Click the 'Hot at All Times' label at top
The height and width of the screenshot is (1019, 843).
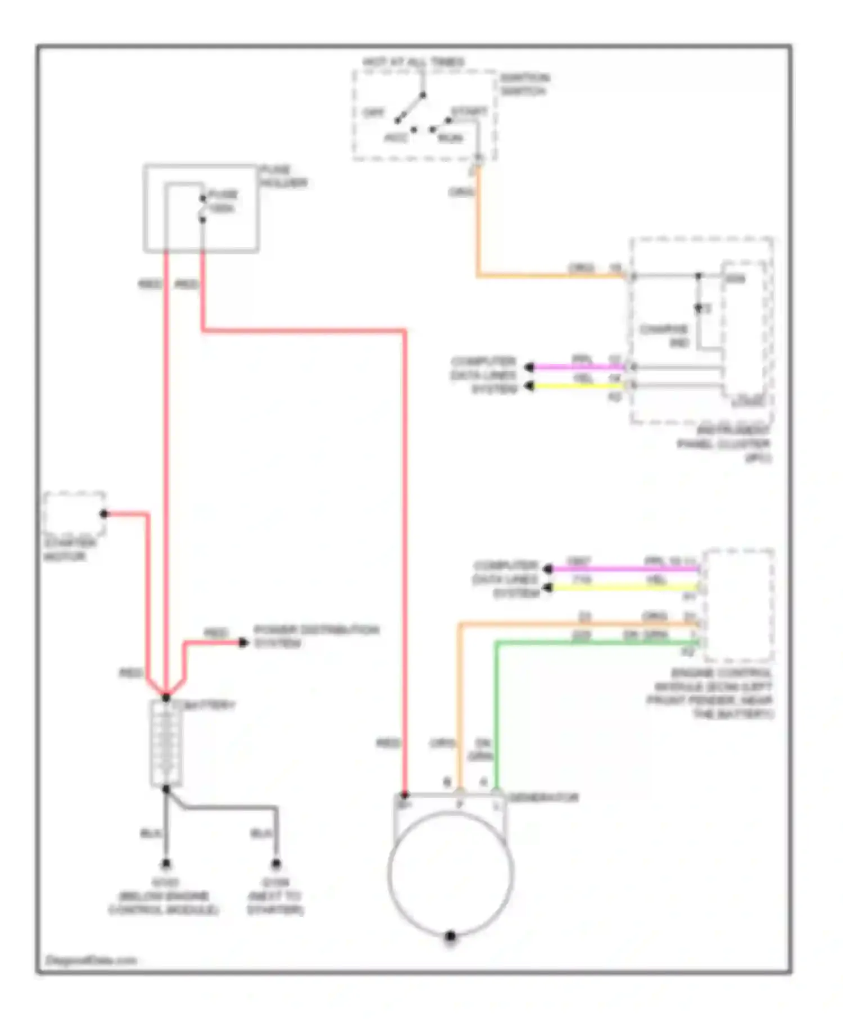tap(413, 62)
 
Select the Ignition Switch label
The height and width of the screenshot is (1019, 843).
tap(524, 84)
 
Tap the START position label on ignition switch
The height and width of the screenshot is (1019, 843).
tap(469, 112)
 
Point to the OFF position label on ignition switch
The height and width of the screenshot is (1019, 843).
tap(373, 113)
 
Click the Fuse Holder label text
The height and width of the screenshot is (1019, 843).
tap(283, 176)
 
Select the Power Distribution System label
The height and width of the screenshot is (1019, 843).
tap(316, 636)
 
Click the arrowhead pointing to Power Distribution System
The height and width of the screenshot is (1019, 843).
tap(243, 642)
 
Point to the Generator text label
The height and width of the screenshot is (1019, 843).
tap(543, 797)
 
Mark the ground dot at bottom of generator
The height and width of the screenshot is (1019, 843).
tap(450, 936)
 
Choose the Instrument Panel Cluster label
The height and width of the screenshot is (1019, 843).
tap(724, 444)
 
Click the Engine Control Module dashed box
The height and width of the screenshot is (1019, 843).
tap(738, 605)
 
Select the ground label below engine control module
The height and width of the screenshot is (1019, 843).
tap(164, 896)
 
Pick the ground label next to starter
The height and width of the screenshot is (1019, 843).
tap(275, 896)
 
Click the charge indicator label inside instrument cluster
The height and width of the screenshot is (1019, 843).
tap(664, 335)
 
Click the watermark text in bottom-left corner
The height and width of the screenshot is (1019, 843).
tap(90, 960)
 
